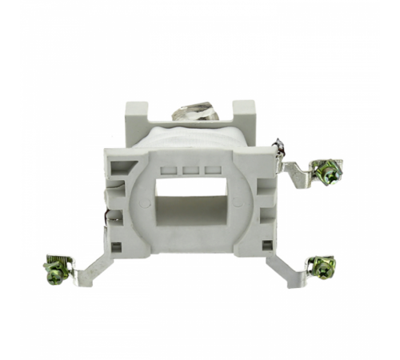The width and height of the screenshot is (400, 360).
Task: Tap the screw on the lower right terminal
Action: click(x=323, y=266)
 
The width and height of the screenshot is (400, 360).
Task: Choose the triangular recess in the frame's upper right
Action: click(x=264, y=170)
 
